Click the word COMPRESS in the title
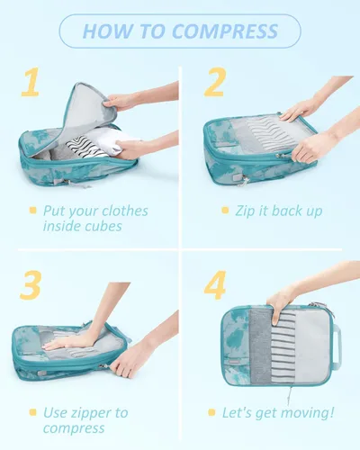point(225,31)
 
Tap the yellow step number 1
point(31,82)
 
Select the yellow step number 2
point(215,82)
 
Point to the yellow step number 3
point(31,284)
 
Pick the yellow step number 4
point(215,285)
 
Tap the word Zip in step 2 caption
point(246,211)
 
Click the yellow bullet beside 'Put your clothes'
point(33,210)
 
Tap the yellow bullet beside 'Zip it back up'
point(225,210)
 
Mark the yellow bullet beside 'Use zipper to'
point(33,412)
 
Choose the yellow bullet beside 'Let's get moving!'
point(211,412)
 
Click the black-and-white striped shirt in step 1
point(85,147)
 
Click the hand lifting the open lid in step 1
point(120,101)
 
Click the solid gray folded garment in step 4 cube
point(261,346)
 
